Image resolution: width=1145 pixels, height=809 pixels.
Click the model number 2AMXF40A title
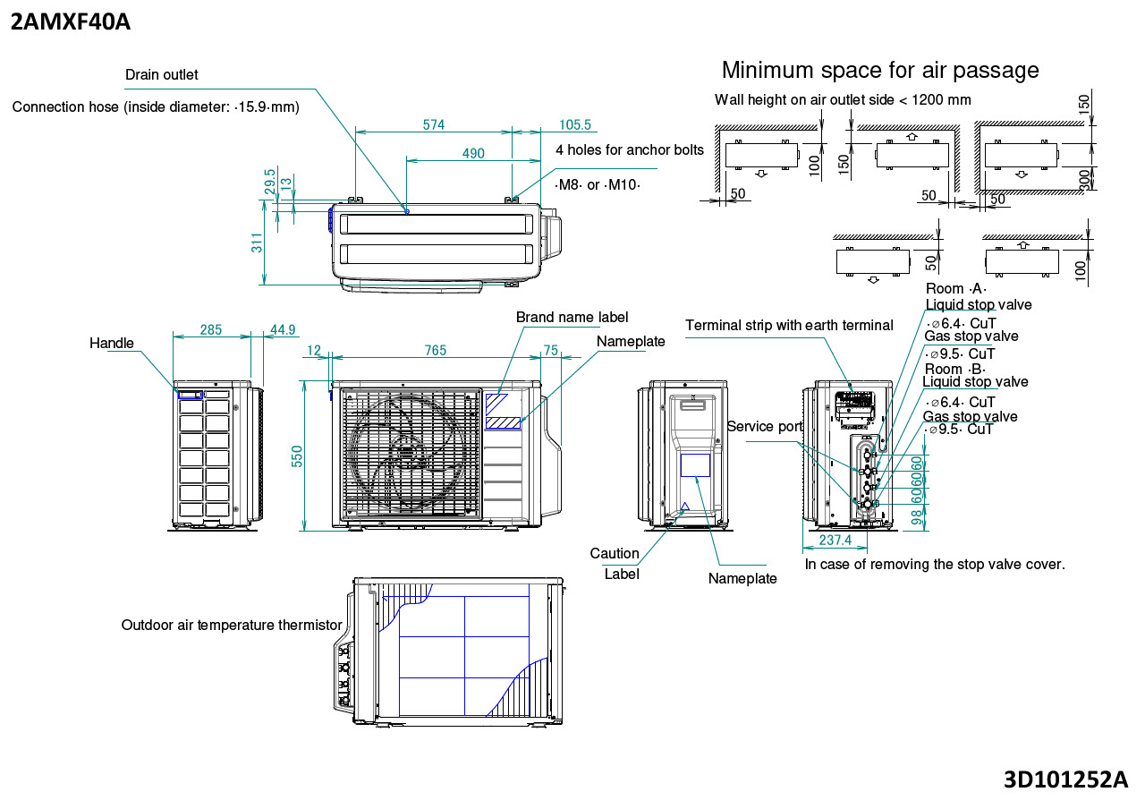pyautogui.click(x=71, y=21)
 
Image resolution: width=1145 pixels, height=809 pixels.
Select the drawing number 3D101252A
pyautogui.click(x=1065, y=779)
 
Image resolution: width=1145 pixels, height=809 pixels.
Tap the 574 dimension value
pyautogui.click(x=434, y=125)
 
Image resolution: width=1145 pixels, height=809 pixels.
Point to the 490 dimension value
pyautogui.click(x=473, y=154)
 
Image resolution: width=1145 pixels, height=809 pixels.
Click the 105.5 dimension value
pyautogui.click(x=575, y=125)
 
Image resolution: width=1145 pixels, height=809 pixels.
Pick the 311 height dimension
pyautogui.click(x=258, y=243)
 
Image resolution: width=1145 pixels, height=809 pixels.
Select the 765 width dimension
pyautogui.click(x=435, y=350)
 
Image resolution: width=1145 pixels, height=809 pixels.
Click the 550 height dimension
pyautogui.click(x=298, y=456)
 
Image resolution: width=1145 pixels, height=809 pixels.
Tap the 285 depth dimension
pyautogui.click(x=211, y=330)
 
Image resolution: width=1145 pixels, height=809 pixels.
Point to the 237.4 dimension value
pyautogui.click(x=835, y=541)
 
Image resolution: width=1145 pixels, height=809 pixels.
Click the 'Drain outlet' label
pyautogui.click(x=162, y=75)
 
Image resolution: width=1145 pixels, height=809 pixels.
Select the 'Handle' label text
pyautogui.click(x=112, y=344)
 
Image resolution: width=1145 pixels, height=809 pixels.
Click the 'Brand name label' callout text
pyautogui.click(x=572, y=318)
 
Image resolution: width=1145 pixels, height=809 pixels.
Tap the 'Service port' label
pyautogui.click(x=765, y=427)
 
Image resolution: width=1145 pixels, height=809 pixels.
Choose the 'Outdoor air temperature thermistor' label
pyautogui.click(x=232, y=625)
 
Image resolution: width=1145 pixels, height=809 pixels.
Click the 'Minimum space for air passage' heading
pyautogui.click(x=880, y=70)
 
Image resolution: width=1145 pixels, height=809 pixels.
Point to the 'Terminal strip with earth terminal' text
pyautogui.click(x=789, y=326)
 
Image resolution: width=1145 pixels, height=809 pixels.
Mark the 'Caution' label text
pyautogui.click(x=615, y=554)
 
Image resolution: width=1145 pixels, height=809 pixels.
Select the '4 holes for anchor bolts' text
pyautogui.click(x=630, y=149)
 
